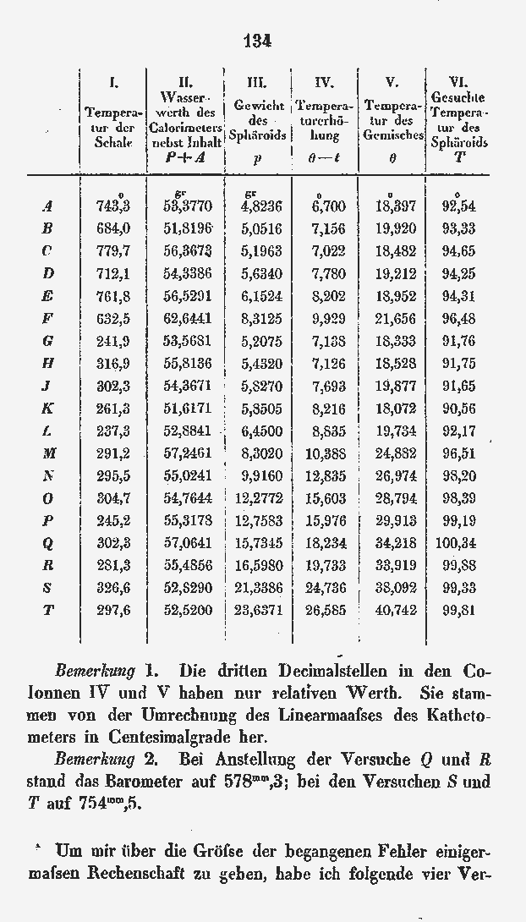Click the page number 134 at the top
(x=256, y=40)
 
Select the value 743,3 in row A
(x=113, y=206)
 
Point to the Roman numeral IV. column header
(x=324, y=82)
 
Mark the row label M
(x=48, y=453)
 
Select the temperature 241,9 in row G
(x=113, y=340)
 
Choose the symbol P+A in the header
(x=186, y=157)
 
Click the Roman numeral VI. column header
(x=458, y=82)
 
